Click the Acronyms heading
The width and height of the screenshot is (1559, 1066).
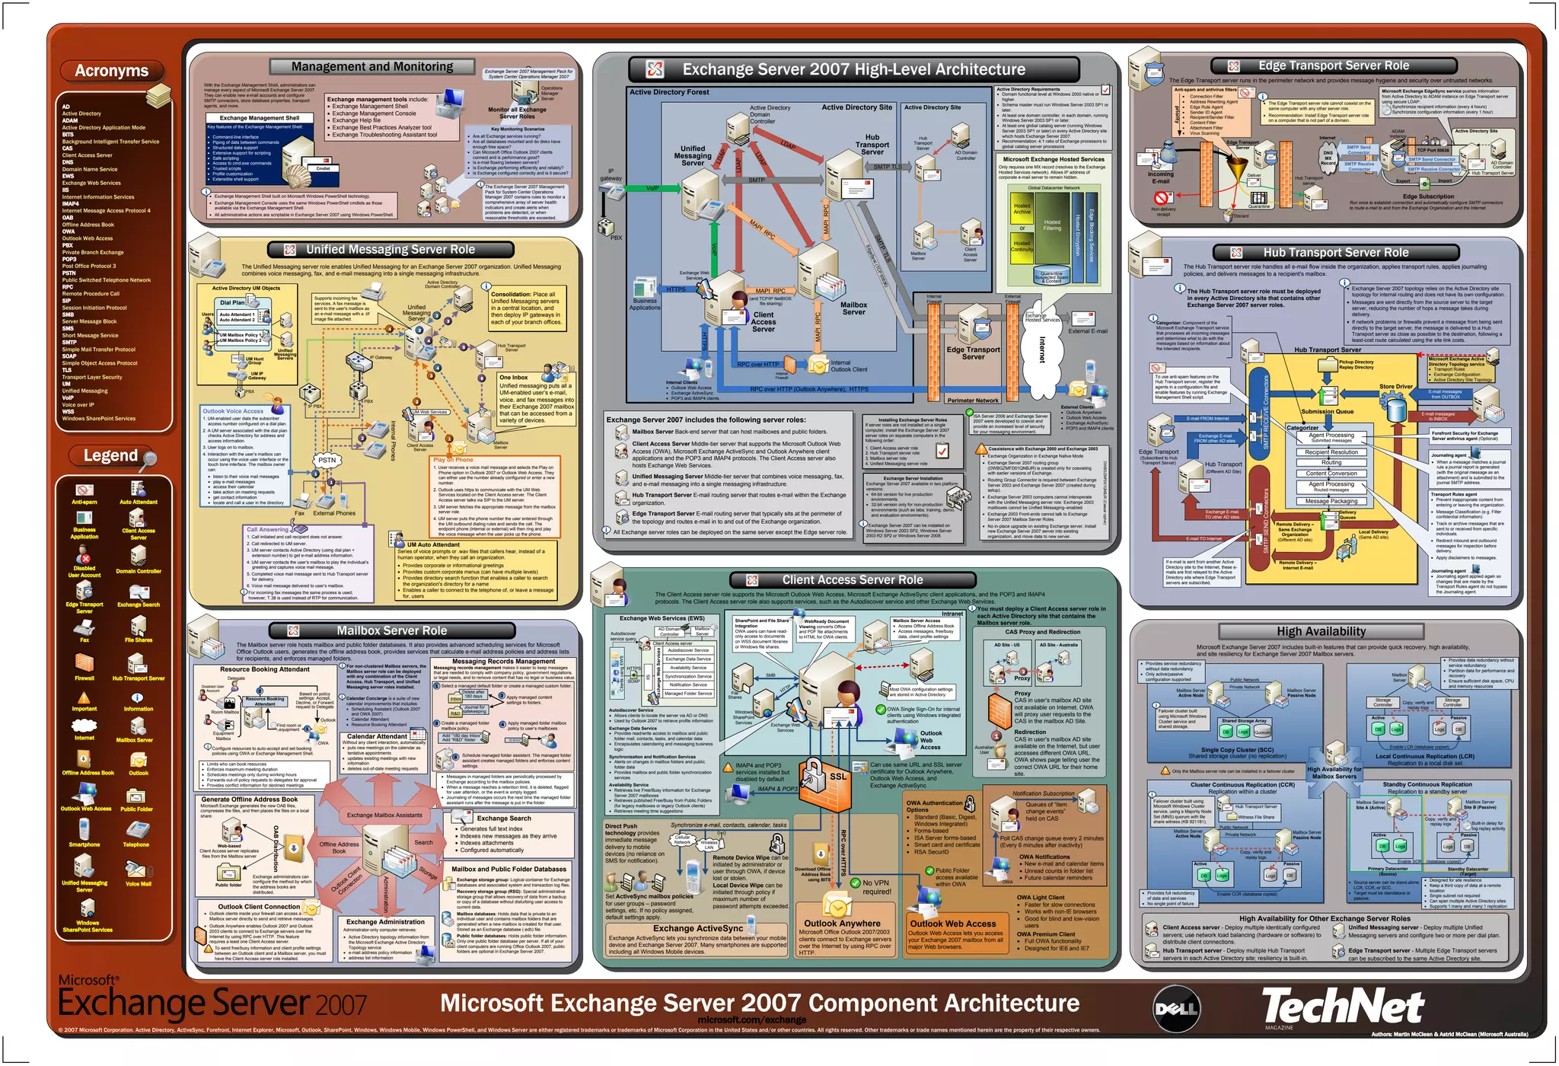pyautogui.click(x=111, y=71)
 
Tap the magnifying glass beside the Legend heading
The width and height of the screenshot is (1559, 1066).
pyautogui.click(x=150, y=458)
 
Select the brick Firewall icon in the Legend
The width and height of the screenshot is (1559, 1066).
pyautogui.click(x=84, y=663)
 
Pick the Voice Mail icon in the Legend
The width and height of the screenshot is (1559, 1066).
pyautogui.click(x=137, y=870)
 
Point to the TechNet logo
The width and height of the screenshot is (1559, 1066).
pyautogui.click(x=1343, y=1007)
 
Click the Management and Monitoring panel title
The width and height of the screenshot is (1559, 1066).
pyautogui.click(x=372, y=67)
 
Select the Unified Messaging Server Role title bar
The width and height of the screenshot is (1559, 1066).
pyautogui.click(x=391, y=250)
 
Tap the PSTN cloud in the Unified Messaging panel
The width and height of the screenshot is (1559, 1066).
pyautogui.click(x=327, y=460)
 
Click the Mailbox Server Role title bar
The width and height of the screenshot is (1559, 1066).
pyautogui.click(x=391, y=630)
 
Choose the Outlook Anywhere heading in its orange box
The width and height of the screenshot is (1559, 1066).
pyautogui.click(x=842, y=923)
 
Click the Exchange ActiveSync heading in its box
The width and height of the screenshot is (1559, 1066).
pyautogui.click(x=697, y=928)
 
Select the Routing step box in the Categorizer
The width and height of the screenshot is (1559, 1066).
pyautogui.click(x=1331, y=462)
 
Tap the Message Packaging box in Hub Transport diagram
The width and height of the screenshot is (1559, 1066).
pyautogui.click(x=1331, y=501)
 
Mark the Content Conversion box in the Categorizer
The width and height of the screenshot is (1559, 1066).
pyautogui.click(x=1331, y=474)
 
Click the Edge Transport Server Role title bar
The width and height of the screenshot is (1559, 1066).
pyautogui.click(x=1333, y=66)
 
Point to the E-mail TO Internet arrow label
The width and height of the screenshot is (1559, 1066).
pyautogui.click(x=1204, y=539)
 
